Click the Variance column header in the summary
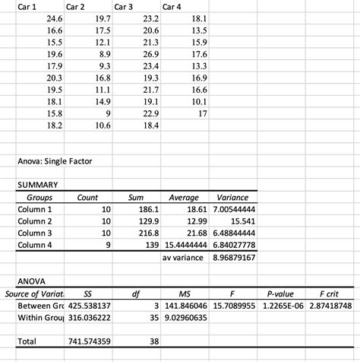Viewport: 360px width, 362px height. [x=232, y=197]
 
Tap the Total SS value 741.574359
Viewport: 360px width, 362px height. [x=90, y=342]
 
